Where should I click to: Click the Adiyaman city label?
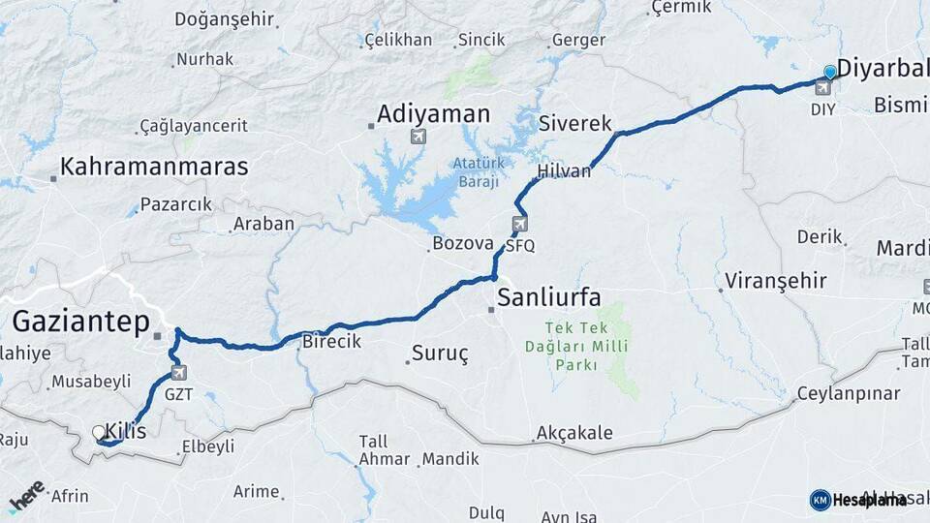(x=433, y=114)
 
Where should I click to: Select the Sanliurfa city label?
(x=548, y=294)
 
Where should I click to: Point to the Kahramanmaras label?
(x=154, y=167)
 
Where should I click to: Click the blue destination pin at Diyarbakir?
(x=829, y=72)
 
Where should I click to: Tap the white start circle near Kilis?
(x=98, y=432)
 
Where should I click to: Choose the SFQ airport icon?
(x=520, y=226)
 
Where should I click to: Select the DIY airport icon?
(x=822, y=89)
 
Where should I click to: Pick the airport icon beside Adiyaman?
(x=418, y=137)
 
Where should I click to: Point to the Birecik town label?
(x=332, y=341)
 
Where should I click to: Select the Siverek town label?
(x=575, y=124)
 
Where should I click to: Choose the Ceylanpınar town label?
(x=849, y=394)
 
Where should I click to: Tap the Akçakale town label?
(x=574, y=432)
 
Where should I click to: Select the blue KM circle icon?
(x=820, y=500)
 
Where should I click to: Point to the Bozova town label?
(x=463, y=243)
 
